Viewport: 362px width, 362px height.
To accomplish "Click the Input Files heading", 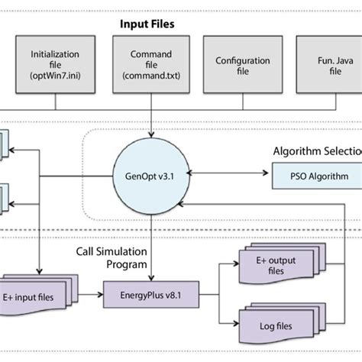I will pos(146,24).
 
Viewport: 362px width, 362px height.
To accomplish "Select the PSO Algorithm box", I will pos(315,177).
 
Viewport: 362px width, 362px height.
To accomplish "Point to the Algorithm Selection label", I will pos(317,151).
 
